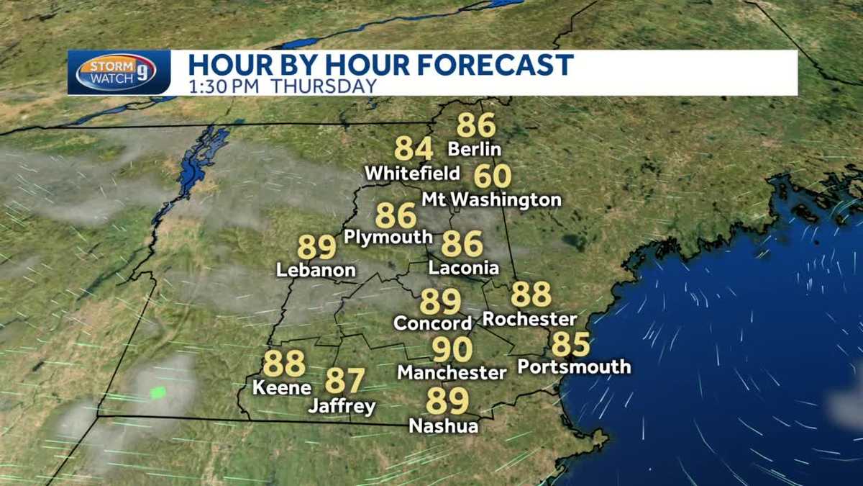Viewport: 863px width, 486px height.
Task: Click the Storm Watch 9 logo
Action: click(116, 73)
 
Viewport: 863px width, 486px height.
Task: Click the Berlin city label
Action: click(474, 150)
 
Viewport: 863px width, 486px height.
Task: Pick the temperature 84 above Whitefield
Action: click(414, 149)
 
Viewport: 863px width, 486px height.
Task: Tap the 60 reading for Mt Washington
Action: click(493, 176)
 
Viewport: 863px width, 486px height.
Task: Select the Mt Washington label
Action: click(491, 199)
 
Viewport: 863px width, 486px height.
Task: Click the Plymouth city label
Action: click(388, 237)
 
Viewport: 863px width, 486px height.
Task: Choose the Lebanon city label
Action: click(316, 271)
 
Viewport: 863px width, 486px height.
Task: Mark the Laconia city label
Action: click(464, 268)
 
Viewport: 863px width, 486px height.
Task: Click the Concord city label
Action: click(433, 323)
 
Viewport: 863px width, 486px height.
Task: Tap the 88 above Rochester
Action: click(531, 294)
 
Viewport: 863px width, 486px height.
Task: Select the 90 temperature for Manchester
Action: click(452, 350)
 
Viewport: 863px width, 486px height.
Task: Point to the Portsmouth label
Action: click(574, 366)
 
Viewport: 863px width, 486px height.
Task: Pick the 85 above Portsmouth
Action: click(570, 345)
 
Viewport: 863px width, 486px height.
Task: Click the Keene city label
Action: click(282, 387)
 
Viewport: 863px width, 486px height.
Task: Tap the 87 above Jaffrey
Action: click(345, 380)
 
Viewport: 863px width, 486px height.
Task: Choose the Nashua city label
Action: click(444, 426)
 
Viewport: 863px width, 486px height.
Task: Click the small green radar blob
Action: click(157, 392)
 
